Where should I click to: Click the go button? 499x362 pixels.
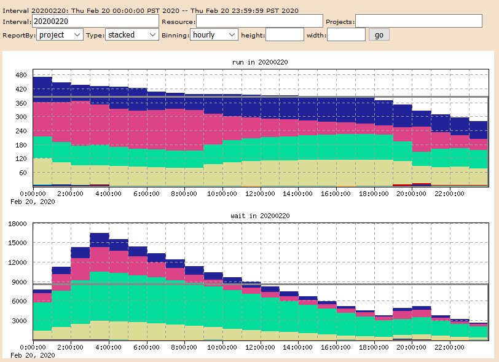(x=379, y=35)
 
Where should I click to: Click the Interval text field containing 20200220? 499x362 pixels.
(x=95, y=22)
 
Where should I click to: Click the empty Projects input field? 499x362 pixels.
(x=418, y=22)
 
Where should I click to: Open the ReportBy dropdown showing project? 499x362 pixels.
(x=60, y=35)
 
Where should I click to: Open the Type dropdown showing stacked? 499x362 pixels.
(x=132, y=35)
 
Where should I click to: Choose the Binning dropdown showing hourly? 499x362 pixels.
(x=214, y=35)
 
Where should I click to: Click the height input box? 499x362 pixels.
(x=285, y=35)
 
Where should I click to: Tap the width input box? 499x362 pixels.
(x=346, y=35)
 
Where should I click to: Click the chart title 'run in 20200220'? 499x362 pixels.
(x=260, y=62)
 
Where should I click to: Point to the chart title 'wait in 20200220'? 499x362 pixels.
(x=260, y=216)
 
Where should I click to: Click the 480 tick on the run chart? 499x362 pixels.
(x=21, y=75)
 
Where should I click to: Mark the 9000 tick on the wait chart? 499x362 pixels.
(x=18, y=282)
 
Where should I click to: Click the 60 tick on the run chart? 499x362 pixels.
(x=23, y=173)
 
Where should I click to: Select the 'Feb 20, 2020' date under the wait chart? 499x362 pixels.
(x=33, y=355)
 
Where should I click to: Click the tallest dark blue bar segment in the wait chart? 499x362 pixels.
(x=100, y=240)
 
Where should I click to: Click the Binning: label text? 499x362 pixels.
(x=175, y=35)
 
